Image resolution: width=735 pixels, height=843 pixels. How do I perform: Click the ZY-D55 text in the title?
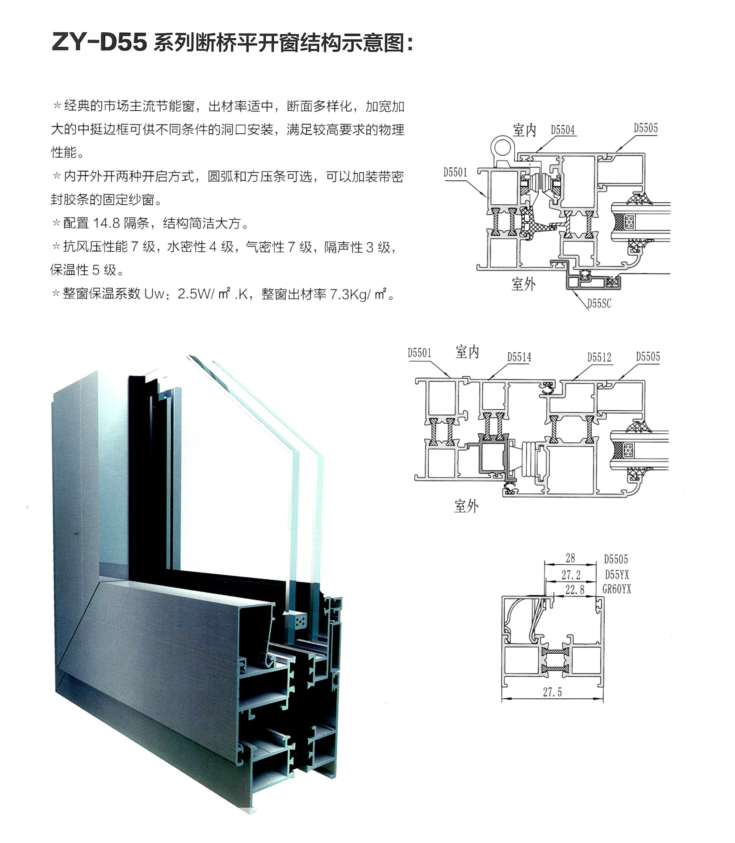click(x=99, y=42)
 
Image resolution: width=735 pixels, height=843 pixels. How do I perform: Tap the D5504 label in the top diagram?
click(x=563, y=130)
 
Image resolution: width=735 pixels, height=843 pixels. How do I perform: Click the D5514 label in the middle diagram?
click(x=519, y=357)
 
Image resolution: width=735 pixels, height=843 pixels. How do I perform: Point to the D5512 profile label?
click(x=599, y=357)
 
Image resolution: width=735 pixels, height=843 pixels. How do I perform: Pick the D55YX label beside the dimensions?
click(x=617, y=575)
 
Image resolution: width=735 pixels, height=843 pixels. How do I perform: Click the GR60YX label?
click(x=617, y=590)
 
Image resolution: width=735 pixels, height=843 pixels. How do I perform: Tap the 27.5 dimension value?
click(x=552, y=693)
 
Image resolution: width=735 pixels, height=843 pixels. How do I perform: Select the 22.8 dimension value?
click(x=575, y=590)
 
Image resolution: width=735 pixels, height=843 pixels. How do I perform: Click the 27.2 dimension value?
click(x=571, y=575)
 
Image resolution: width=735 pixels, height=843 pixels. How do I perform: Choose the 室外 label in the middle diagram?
click(x=466, y=506)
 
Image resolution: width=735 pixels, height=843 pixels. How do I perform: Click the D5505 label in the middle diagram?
click(x=648, y=357)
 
